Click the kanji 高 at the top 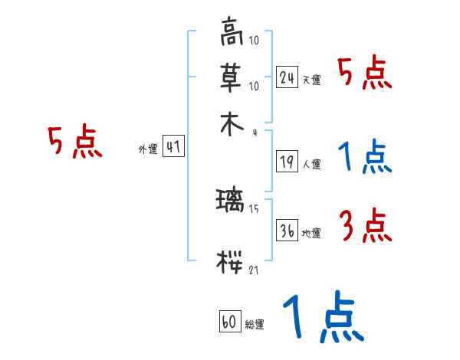pos(231,34)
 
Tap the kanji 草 pos(231,77)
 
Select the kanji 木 pos(231,125)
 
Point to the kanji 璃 pos(230,201)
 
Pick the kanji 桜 pos(230,263)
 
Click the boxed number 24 pos(287,77)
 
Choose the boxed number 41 pos(173,148)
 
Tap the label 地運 pos(312,234)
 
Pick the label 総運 pos(255,325)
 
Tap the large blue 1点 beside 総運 pos(322,317)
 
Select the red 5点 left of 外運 pos(74,142)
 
